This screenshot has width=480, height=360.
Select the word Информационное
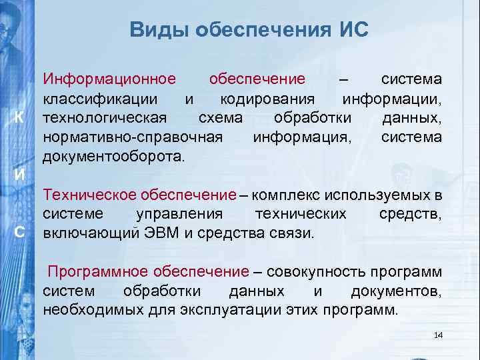[x=109, y=79]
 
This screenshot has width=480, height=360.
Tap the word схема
[x=221, y=118]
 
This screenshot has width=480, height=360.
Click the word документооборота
[x=114, y=157]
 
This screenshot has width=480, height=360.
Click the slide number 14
[x=438, y=335]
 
